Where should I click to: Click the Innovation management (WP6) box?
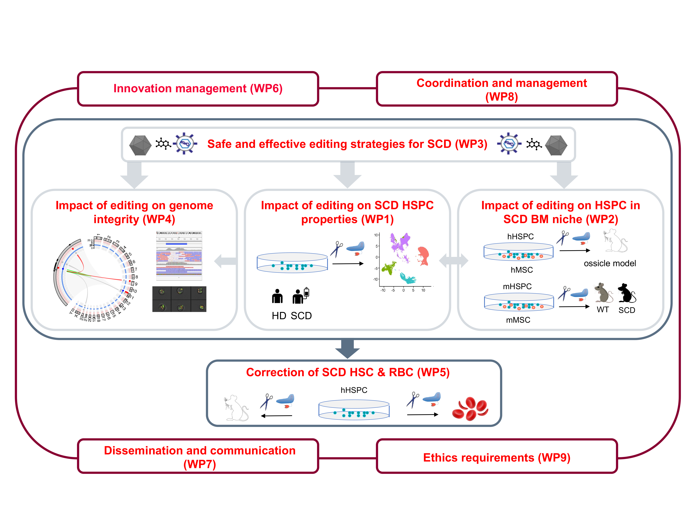tap(198, 89)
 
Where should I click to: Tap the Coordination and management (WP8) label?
tap(501, 89)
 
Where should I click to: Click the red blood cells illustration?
tap(470, 409)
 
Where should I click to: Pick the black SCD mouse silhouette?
tap(626, 293)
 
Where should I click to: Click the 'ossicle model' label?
tap(610, 264)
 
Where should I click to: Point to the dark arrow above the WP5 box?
tap(347, 348)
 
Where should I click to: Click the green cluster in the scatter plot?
tap(389, 268)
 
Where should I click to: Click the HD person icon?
tap(277, 296)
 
